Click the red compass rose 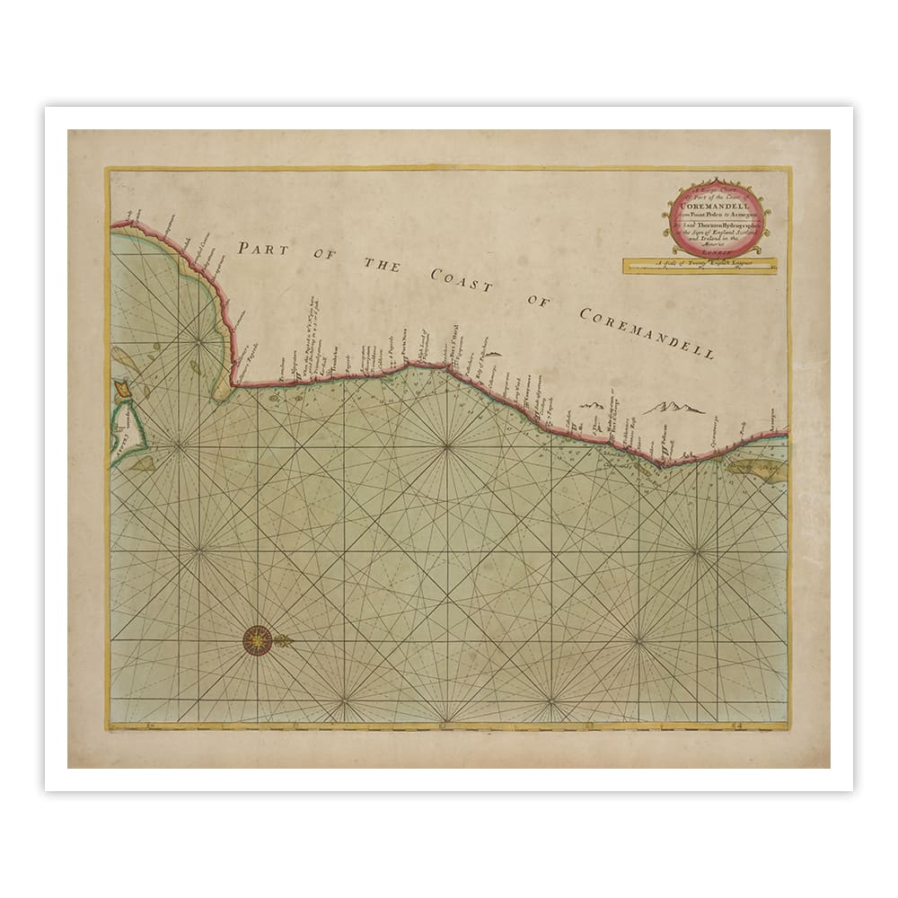click(x=258, y=639)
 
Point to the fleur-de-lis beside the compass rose click(x=284, y=639)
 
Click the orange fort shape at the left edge click(x=122, y=391)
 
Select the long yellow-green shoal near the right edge click(x=760, y=470)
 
